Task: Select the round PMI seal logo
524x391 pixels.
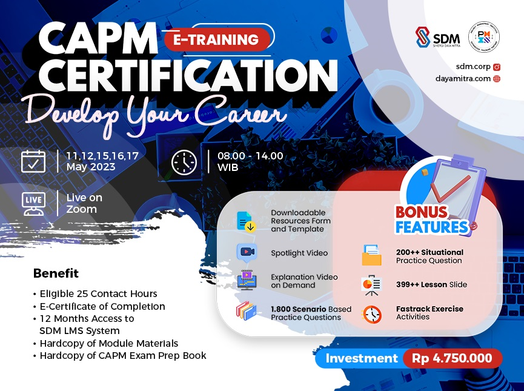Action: [483, 38]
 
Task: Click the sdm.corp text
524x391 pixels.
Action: [469, 67]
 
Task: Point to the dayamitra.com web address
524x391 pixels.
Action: [463, 78]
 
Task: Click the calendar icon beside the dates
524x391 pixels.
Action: [33, 161]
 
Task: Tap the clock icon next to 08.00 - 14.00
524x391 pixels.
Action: [184, 162]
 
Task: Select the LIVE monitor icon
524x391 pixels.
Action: [33, 203]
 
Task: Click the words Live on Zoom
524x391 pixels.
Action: [84, 203]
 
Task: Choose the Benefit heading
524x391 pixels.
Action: [56, 273]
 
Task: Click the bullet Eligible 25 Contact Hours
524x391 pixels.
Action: [98, 294]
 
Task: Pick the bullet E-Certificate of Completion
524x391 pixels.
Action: [102, 306]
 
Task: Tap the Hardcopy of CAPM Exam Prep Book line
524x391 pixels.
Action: [123, 355]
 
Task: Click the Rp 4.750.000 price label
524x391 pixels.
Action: [452, 358]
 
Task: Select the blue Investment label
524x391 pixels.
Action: [361, 358]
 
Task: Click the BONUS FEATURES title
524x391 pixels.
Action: [431, 219]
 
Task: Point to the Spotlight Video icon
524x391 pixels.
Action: [247, 253]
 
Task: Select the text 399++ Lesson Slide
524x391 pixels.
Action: [431, 284]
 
